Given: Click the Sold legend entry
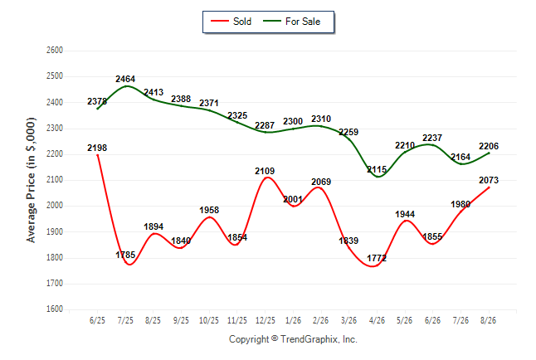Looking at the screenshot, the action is pyautogui.click(x=231, y=22).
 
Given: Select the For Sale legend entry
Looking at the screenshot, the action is pyautogui.click(x=291, y=22).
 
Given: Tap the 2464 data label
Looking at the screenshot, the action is pyautogui.click(x=125, y=79).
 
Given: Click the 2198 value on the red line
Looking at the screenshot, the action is pyautogui.click(x=97, y=148).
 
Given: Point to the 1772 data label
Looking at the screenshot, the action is pyautogui.click(x=377, y=258).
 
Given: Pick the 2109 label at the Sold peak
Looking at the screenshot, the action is pyautogui.click(x=265, y=171).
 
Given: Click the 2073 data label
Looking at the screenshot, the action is pyautogui.click(x=489, y=180).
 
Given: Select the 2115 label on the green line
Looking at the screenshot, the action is pyautogui.click(x=377, y=169).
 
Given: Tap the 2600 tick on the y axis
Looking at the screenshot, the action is pyautogui.click(x=55, y=51).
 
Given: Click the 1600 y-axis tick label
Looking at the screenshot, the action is pyautogui.click(x=55, y=309).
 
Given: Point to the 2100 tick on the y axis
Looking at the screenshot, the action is pyautogui.click(x=55, y=179).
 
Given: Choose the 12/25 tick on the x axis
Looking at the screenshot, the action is pyautogui.click(x=266, y=320).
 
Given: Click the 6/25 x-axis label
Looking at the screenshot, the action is pyautogui.click(x=97, y=320).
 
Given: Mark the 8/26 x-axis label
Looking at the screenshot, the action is pyautogui.click(x=488, y=320).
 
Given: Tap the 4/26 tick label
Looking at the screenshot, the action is pyautogui.click(x=377, y=320).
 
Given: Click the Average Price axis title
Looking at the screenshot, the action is pyautogui.click(x=31, y=180).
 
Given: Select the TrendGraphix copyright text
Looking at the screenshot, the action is pyautogui.click(x=293, y=339).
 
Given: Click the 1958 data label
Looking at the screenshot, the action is pyautogui.click(x=209, y=210).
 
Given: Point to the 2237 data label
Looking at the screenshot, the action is pyautogui.click(x=432, y=138).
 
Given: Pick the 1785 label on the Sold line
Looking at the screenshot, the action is pyautogui.click(x=125, y=255).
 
